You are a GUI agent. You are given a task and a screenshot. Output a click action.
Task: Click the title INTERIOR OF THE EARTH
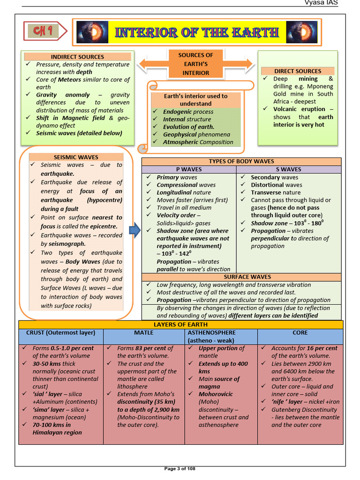click(196, 32)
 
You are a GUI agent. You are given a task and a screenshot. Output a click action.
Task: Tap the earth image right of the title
click(299, 32)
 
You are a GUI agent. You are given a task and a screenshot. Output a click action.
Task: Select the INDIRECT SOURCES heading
click(78, 57)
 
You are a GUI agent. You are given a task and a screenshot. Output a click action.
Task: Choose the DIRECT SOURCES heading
click(298, 71)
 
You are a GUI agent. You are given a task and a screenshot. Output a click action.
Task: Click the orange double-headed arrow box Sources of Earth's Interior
click(195, 64)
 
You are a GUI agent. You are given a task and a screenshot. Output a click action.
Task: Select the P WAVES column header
click(189, 169)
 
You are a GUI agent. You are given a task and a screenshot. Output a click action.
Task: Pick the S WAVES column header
click(289, 169)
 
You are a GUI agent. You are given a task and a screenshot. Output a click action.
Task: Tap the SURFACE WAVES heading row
click(241, 277)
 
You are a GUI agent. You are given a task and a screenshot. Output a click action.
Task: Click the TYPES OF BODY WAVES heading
click(241, 161)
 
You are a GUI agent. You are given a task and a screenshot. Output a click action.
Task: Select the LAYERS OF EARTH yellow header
click(180, 324)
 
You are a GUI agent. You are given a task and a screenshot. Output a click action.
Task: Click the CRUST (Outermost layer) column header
click(61, 333)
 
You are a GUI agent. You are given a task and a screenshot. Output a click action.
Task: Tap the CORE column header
click(300, 333)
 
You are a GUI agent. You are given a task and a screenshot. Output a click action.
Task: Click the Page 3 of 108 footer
click(180, 468)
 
